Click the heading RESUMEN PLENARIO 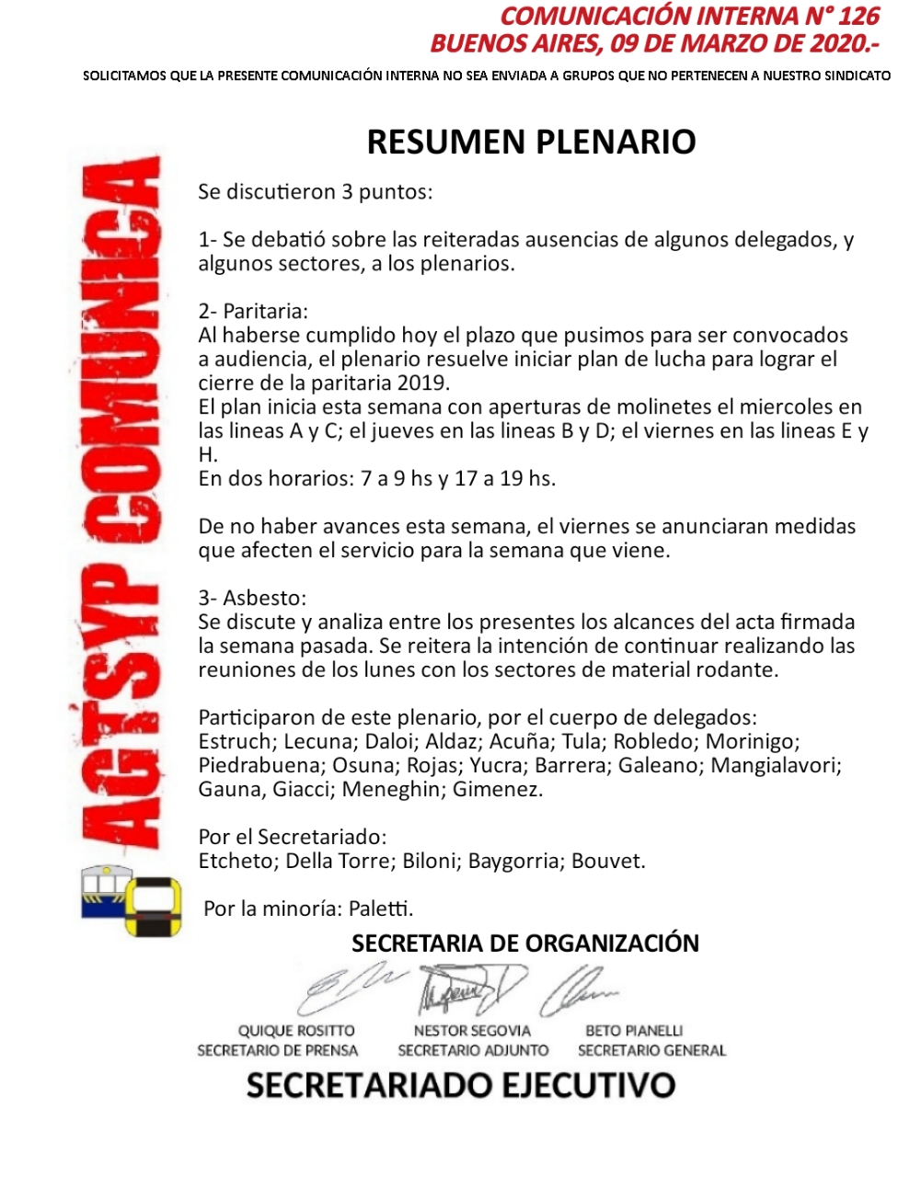tap(531, 143)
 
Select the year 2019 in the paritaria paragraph tap(422, 383)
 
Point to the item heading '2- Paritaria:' tap(253, 312)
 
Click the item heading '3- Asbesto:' tap(252, 599)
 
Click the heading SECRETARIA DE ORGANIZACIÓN tap(525, 943)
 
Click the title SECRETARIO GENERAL tap(651, 1051)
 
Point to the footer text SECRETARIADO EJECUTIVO tap(460, 1086)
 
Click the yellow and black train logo tap(153, 907)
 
